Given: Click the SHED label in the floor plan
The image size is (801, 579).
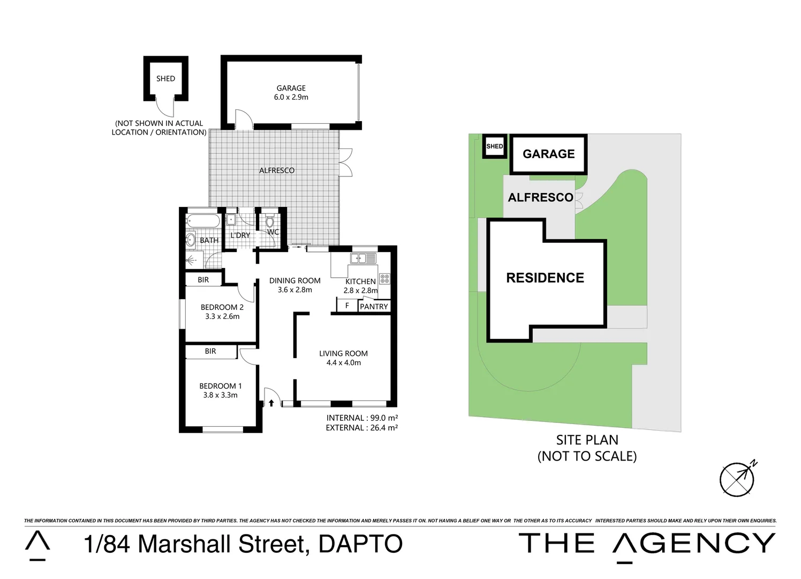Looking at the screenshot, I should tap(165, 79).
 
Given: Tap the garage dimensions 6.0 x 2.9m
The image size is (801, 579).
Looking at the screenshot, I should tap(291, 98).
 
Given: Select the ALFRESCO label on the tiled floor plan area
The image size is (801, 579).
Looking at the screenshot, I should tap(277, 170).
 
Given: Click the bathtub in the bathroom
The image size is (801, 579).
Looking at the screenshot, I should tap(203, 221).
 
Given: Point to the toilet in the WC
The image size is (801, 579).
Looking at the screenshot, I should tap(270, 221).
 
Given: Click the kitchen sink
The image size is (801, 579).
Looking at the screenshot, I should tap(363, 258).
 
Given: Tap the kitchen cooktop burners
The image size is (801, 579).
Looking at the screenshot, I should tap(384, 279).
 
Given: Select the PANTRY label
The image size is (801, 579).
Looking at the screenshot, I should tap(374, 307).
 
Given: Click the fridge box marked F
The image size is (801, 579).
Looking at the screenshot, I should tap(347, 306).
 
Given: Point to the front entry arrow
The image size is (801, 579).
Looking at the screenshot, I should tap(271, 402).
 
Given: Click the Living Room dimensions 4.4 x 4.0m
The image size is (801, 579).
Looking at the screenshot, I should tap(343, 363).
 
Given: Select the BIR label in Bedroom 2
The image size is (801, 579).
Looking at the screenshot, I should tap(203, 280).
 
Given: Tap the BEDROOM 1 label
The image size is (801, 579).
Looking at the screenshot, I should tap(220, 386).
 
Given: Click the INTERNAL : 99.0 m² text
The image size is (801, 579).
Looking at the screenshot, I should tap(362, 418).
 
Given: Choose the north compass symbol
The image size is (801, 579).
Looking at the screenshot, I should tap(738, 478).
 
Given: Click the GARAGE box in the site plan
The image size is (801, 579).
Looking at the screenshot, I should tap(548, 154).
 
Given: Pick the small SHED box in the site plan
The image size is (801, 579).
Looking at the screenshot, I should tap(495, 146).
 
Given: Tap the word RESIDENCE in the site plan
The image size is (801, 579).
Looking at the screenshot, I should tap(545, 278).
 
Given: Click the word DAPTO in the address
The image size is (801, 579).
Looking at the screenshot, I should tap(360, 544).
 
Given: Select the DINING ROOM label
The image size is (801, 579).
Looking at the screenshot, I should tap(294, 280).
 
